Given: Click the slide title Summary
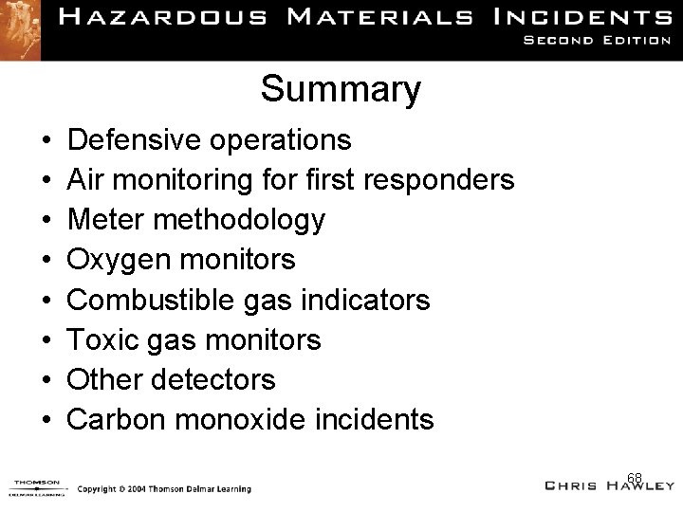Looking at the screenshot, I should [x=341, y=90].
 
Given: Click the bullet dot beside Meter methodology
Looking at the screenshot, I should [x=46, y=221].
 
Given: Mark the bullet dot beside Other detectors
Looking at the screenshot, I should [x=46, y=381].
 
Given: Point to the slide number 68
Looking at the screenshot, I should [x=635, y=476].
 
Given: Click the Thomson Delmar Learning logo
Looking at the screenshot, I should [x=36, y=487].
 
